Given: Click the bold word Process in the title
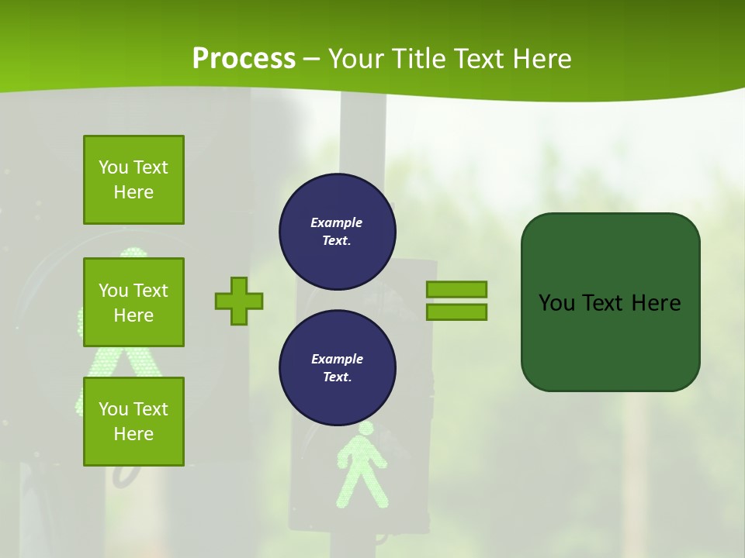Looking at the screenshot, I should tap(244, 59).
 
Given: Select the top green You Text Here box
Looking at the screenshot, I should tap(133, 180).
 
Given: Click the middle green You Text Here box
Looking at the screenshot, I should tap(133, 302).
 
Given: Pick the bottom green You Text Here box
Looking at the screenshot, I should tap(133, 422).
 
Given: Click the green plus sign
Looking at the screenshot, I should tap(239, 301).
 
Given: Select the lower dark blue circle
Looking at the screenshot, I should tap(338, 367).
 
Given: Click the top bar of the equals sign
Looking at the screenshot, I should tap(456, 289).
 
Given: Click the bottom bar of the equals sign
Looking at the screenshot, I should tap(456, 312).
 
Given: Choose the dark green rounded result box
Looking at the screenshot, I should tap(610, 302).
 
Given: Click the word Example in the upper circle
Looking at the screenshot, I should tap(337, 222).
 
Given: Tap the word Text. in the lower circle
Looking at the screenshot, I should tap(337, 377).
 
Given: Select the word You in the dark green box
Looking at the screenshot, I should tap(556, 303).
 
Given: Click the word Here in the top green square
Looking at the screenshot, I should tap(133, 192).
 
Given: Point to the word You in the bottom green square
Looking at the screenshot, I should tap(113, 409).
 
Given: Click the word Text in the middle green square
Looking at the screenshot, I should tap(150, 291).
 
